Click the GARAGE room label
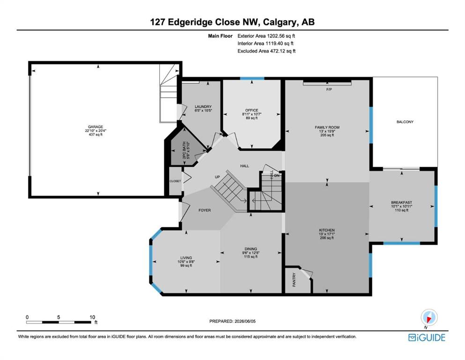click(x=96, y=127)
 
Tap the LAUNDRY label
click(x=203, y=106)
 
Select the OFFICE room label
click(x=252, y=110)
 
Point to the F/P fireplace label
click(x=329, y=90)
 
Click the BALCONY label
click(x=405, y=122)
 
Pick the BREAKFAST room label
click(x=401, y=202)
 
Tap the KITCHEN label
click(x=327, y=230)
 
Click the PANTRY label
click(x=294, y=279)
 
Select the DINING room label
click(x=251, y=249)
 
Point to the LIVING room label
click(x=186, y=258)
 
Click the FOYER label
click(x=205, y=210)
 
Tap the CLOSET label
click(x=175, y=181)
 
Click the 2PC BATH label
click(x=184, y=150)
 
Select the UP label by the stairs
click(x=217, y=177)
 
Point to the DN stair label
click(x=277, y=175)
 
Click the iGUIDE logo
click(x=427, y=337)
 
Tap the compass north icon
click(x=429, y=318)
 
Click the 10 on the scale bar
click(x=92, y=317)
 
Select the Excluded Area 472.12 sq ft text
click(x=266, y=51)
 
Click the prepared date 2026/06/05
click(x=245, y=321)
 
